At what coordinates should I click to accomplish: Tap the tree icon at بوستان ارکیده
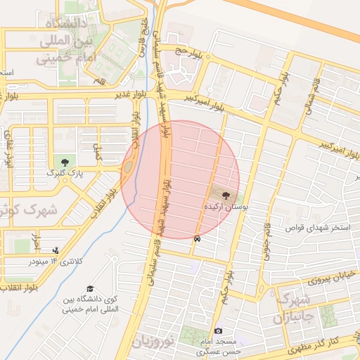point(226,195)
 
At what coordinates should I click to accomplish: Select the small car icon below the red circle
point(197,239)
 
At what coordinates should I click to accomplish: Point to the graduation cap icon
point(90,289)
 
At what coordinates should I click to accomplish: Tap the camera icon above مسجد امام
point(218,330)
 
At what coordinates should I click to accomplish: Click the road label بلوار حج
point(188,51)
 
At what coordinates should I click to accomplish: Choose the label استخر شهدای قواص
point(313,227)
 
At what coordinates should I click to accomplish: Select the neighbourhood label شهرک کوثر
point(28,210)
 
